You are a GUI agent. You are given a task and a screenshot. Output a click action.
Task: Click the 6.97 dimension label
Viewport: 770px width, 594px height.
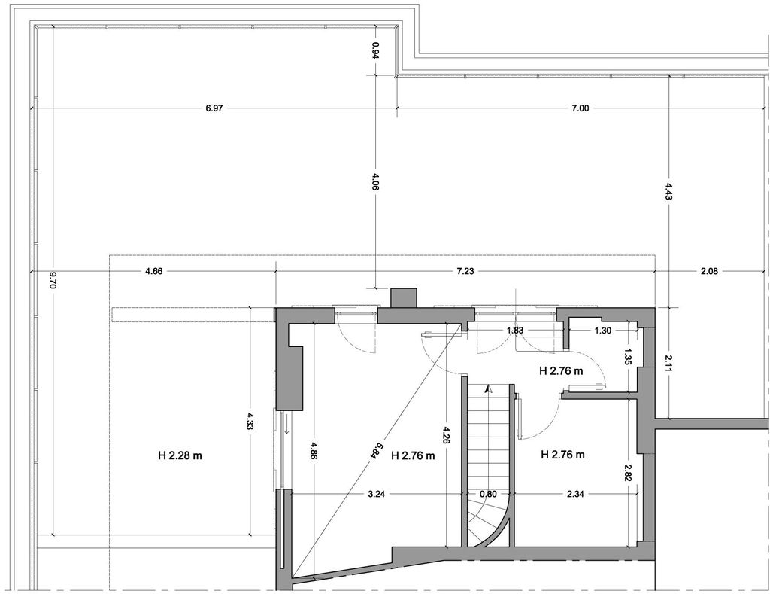(214, 108)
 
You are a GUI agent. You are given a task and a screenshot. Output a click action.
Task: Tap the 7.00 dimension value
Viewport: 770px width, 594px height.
(580, 108)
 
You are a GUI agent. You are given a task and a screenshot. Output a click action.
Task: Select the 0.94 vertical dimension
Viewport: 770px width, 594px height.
(375, 50)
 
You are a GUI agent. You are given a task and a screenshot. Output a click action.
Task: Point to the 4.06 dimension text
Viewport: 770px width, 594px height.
(375, 181)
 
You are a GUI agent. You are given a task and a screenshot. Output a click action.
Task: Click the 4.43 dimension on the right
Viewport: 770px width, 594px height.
(668, 190)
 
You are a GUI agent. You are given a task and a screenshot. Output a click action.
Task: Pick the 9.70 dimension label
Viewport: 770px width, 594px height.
(53, 280)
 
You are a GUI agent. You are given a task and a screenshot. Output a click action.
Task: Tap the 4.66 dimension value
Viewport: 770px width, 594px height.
(153, 271)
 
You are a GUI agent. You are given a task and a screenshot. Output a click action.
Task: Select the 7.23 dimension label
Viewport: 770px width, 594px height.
(465, 271)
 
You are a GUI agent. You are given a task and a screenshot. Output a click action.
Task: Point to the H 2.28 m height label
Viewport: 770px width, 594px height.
(180, 455)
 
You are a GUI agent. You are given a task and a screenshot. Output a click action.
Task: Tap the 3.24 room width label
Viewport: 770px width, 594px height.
(376, 495)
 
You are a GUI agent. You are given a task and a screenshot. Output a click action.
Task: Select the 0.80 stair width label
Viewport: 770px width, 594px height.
(488, 495)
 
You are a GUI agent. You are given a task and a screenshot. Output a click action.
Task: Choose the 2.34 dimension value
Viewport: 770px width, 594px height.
(575, 495)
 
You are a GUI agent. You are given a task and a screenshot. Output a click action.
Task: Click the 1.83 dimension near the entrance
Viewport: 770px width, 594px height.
(514, 331)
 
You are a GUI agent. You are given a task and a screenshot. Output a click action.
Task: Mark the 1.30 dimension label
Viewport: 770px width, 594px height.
(603, 331)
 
